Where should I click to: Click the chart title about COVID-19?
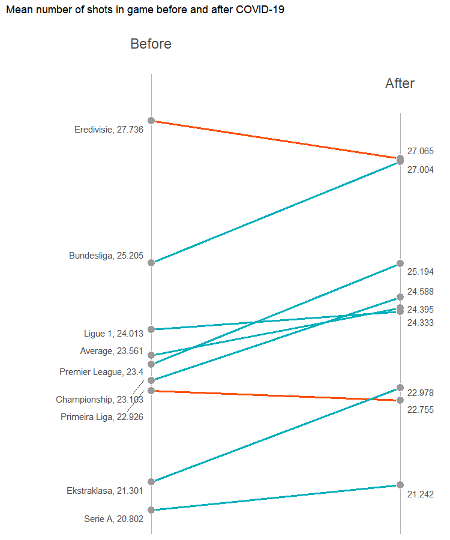[x=145, y=10]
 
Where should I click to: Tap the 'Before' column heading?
[x=151, y=44]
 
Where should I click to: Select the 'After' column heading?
[x=400, y=83]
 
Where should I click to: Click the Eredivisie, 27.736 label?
[x=109, y=130]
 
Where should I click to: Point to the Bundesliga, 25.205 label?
[x=106, y=256]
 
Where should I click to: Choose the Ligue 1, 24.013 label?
[x=113, y=334]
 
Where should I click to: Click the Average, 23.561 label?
[x=112, y=351]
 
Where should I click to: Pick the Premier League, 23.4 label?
[x=101, y=372]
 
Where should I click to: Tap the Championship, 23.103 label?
[x=100, y=400]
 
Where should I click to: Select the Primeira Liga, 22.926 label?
[x=102, y=417]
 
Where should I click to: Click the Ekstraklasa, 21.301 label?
[x=104, y=491]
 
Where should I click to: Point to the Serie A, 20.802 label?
[x=113, y=520]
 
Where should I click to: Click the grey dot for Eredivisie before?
[x=151, y=121]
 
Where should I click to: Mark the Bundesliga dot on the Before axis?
[x=151, y=263]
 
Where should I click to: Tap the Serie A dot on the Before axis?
[x=151, y=510]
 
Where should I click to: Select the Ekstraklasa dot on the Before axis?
[x=151, y=482]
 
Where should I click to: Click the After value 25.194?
[x=421, y=272]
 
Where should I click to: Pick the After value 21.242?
[x=421, y=494]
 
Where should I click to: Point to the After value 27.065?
[x=421, y=151]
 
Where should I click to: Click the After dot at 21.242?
[x=400, y=485]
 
